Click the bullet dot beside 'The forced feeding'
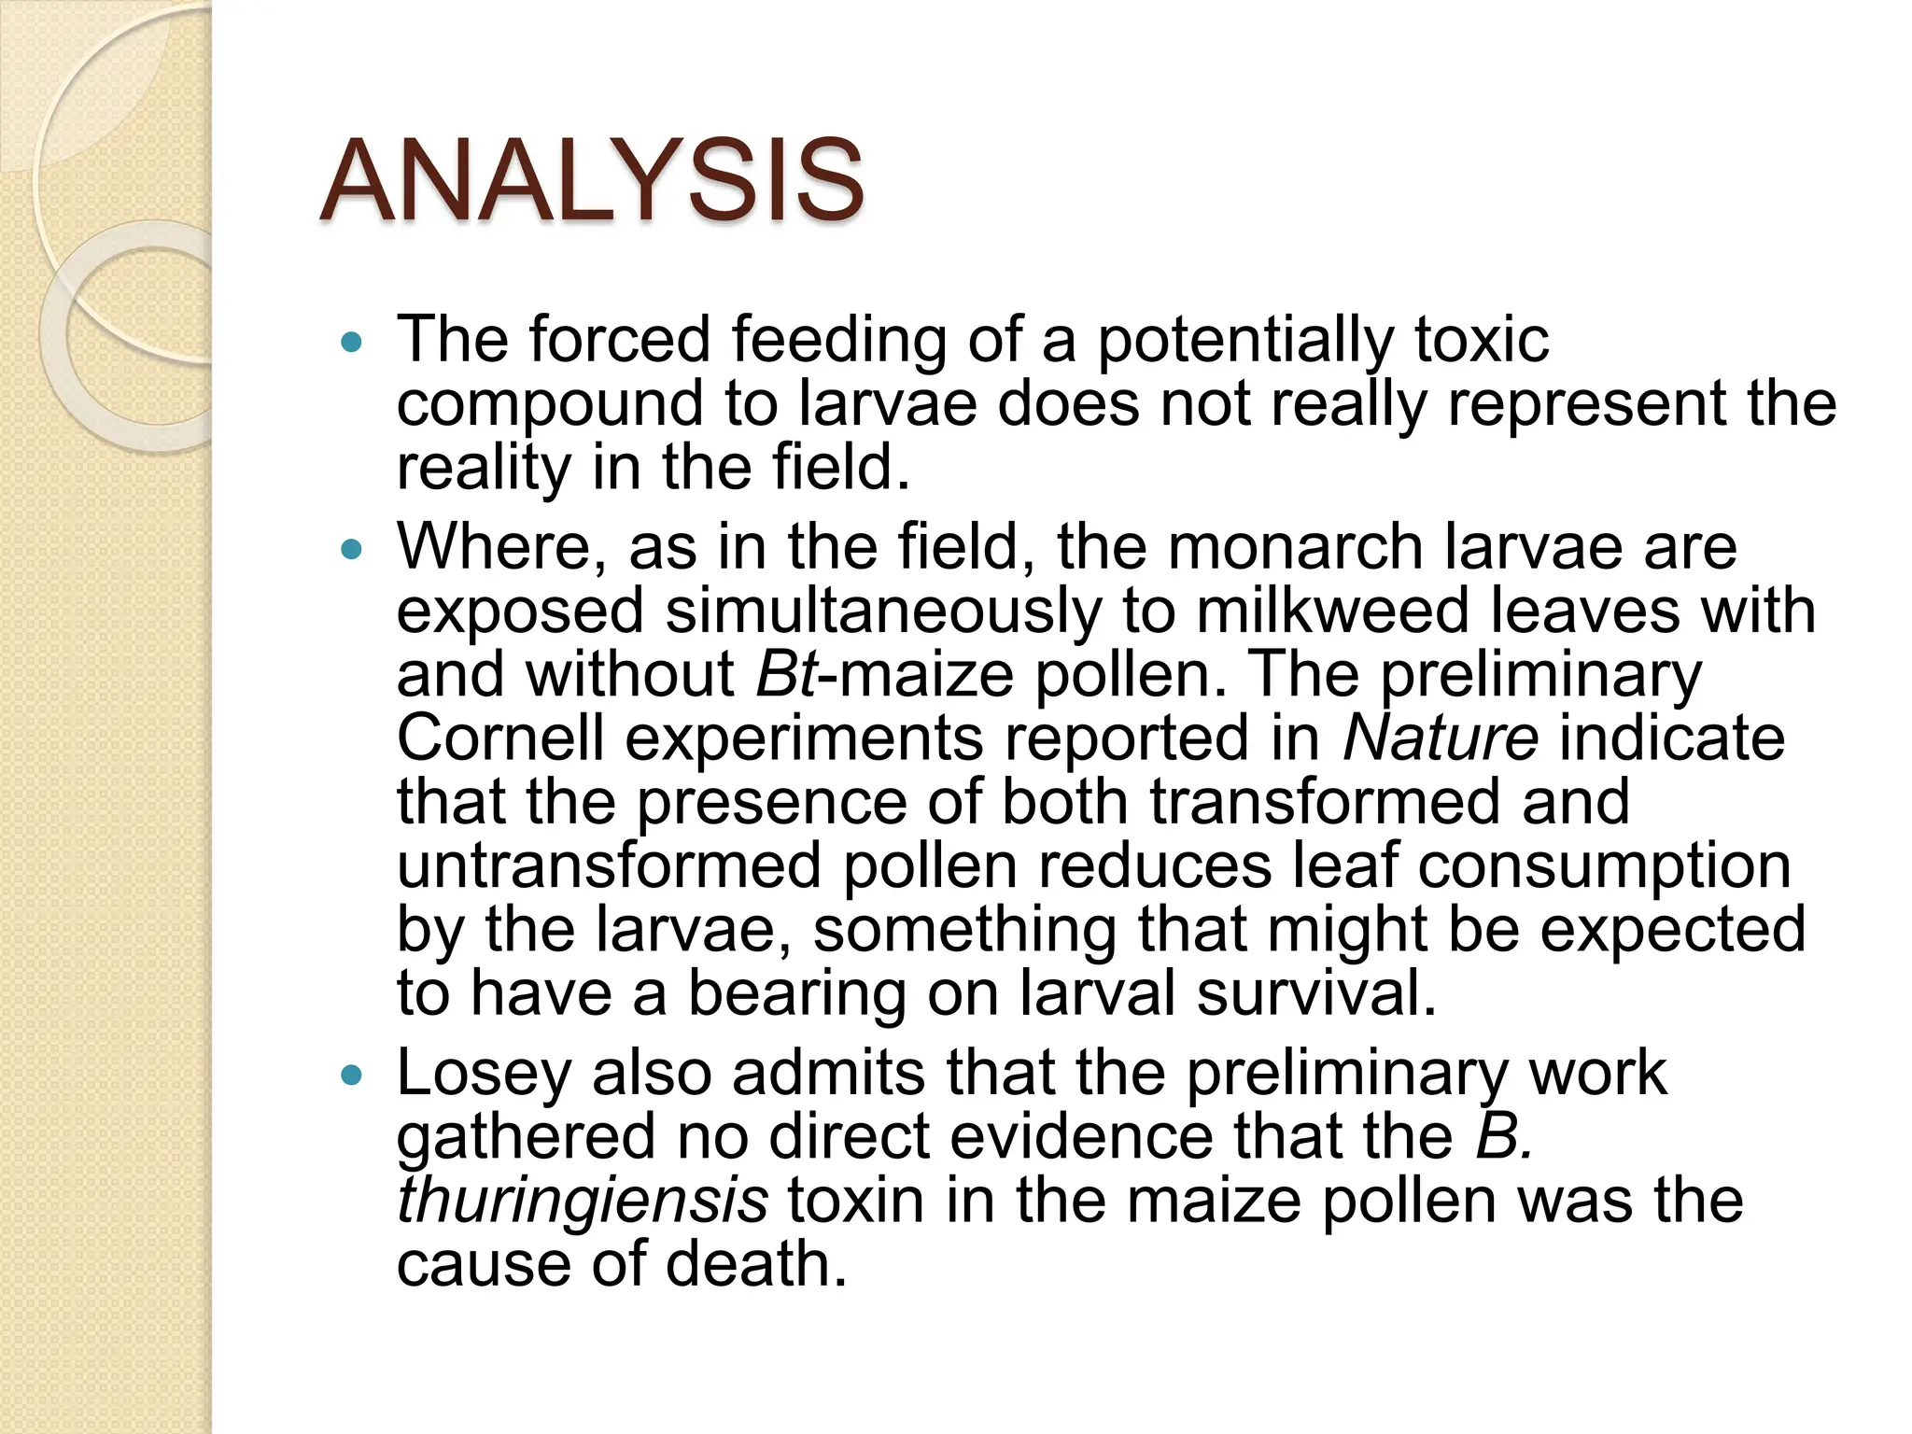351,343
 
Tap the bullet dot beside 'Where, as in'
351,551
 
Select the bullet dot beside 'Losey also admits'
351,1076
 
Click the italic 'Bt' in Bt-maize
786,674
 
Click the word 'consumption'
1604,865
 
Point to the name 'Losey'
484,1073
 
